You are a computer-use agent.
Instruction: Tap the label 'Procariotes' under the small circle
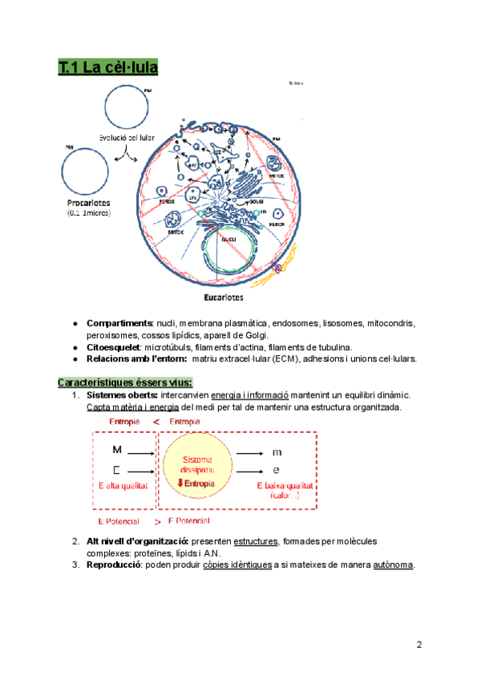88,203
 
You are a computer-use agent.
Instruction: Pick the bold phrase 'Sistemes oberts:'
123,395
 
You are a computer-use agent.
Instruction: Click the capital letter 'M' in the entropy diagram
117,451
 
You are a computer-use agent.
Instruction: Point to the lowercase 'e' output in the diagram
277,470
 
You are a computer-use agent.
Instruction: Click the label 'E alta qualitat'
123,486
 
